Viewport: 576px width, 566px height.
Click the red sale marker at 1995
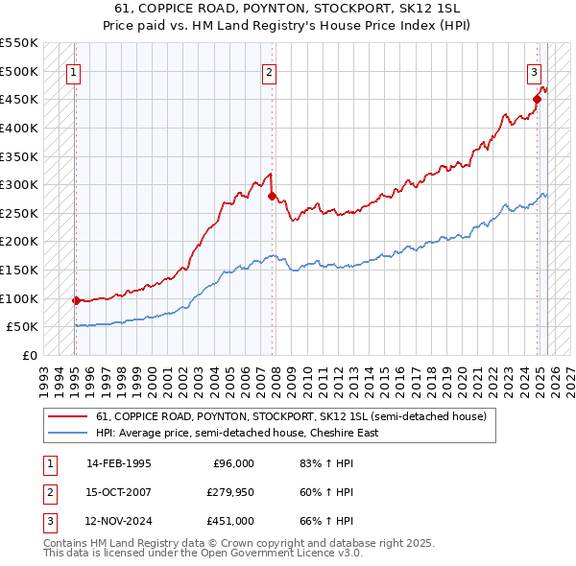tap(76, 300)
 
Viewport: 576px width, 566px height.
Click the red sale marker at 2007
tap(272, 197)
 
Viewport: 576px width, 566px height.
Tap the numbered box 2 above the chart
tap(270, 72)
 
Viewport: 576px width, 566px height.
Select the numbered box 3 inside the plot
tap(534, 72)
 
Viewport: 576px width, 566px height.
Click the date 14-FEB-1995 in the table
tap(118, 463)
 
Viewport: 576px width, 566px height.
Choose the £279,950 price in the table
tap(230, 492)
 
